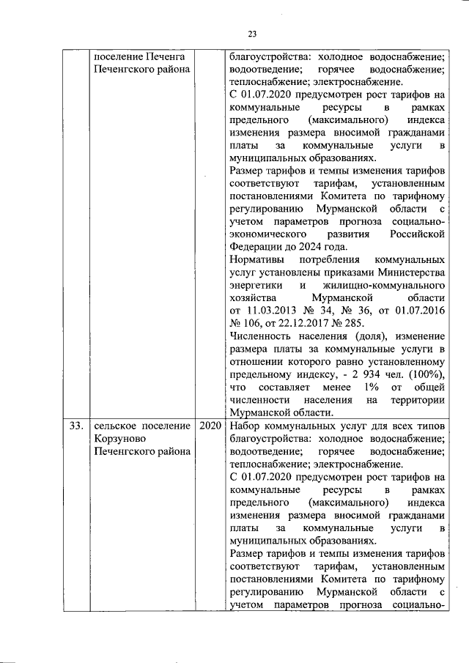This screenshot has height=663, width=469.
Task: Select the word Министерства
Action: point(411,273)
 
